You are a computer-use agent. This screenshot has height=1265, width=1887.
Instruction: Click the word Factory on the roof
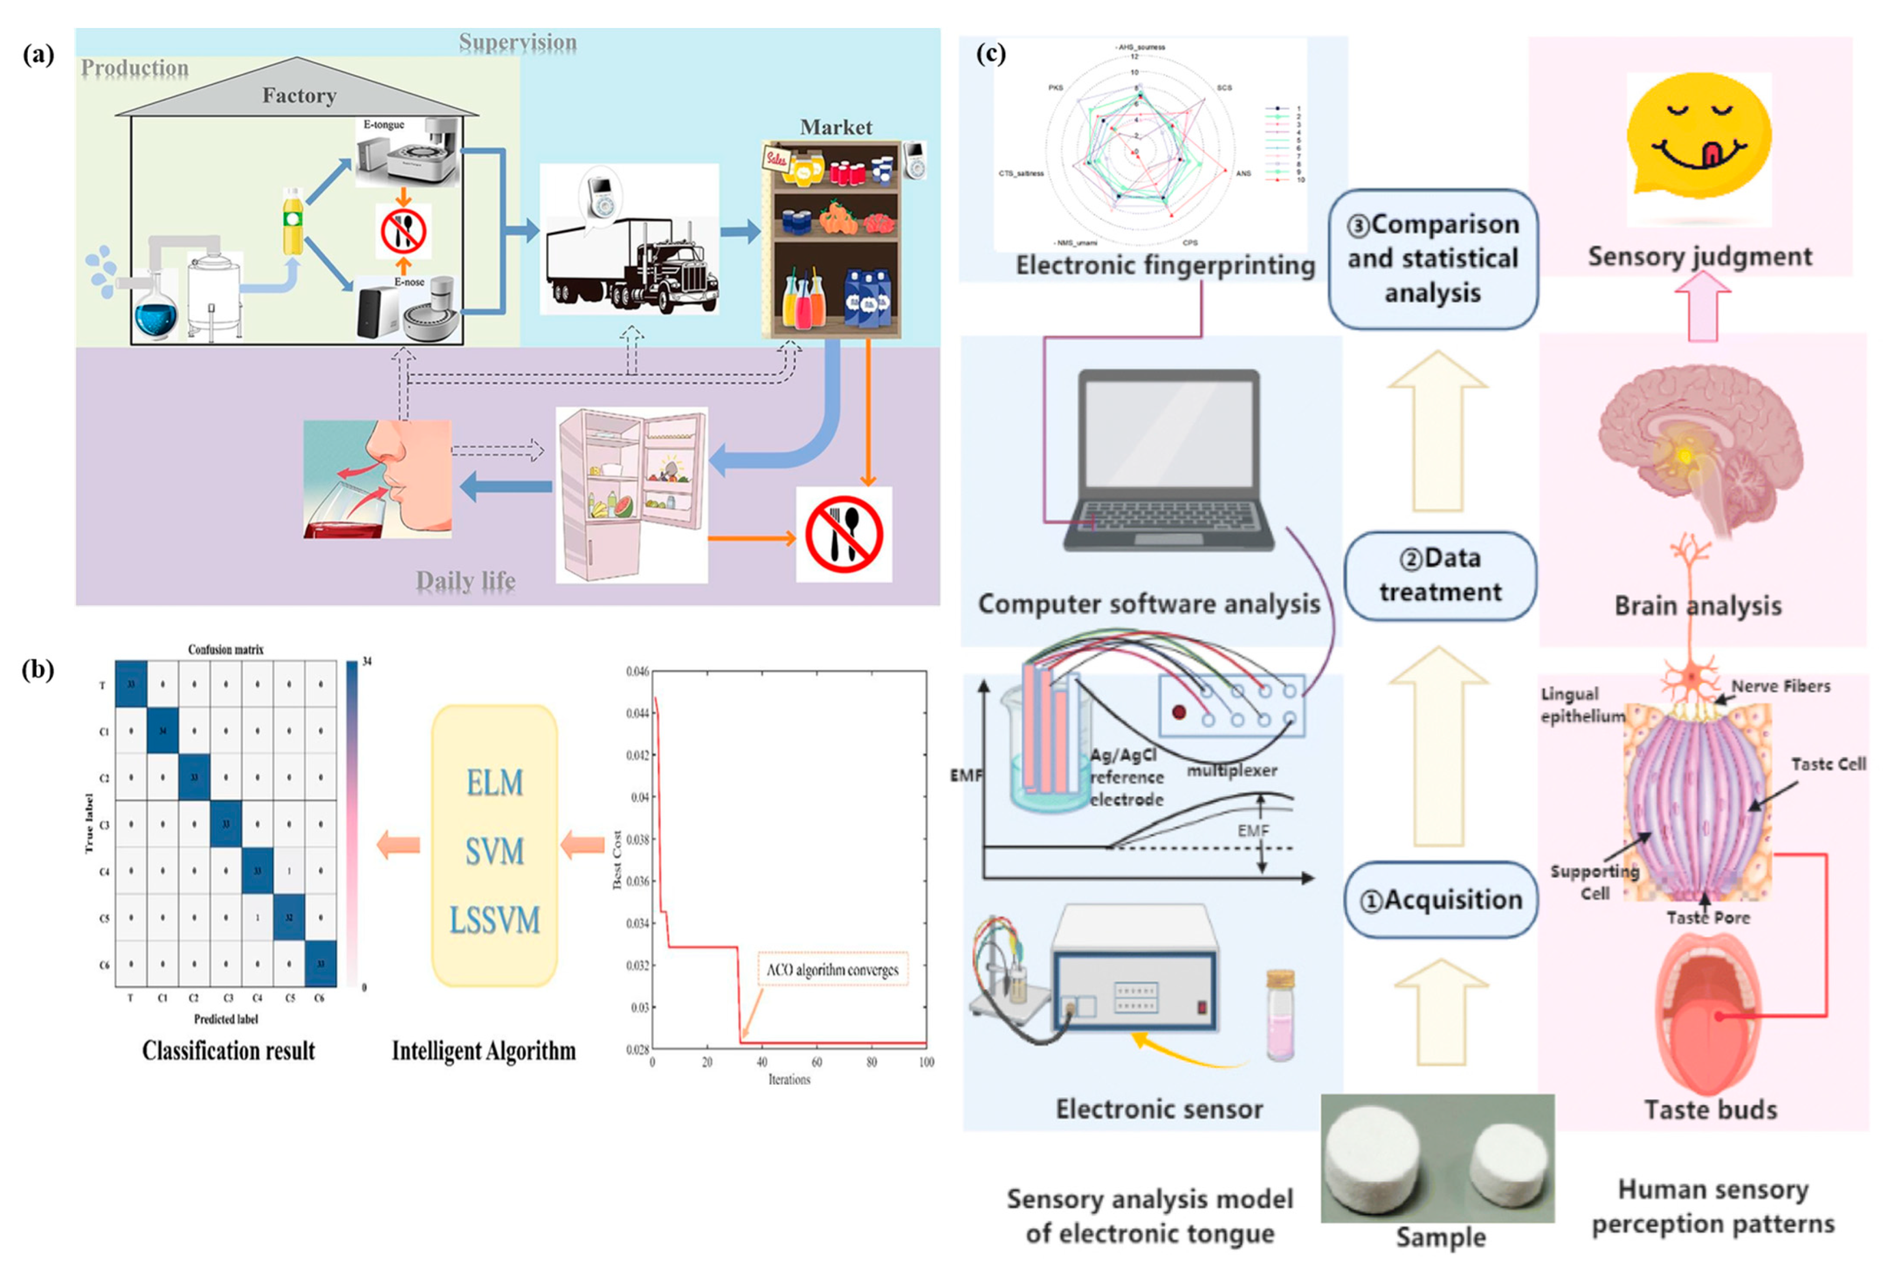click(x=299, y=95)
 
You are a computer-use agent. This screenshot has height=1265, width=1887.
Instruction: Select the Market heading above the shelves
click(x=836, y=126)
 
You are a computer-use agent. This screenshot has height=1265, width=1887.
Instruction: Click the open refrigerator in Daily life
click(x=632, y=494)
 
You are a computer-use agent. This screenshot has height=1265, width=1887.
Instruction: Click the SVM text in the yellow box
click(x=494, y=851)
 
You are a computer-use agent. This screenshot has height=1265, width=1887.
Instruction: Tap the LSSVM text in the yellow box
click(x=494, y=920)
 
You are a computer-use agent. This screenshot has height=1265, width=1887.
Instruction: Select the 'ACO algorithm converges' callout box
click(x=832, y=969)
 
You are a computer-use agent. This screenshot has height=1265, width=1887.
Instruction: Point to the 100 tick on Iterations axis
click(x=926, y=1062)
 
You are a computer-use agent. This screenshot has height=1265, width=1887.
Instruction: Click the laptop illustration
click(x=1168, y=460)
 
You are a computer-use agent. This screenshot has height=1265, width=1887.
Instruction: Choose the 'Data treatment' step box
click(x=1440, y=575)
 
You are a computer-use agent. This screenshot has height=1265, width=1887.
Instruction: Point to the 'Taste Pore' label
click(x=1708, y=917)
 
